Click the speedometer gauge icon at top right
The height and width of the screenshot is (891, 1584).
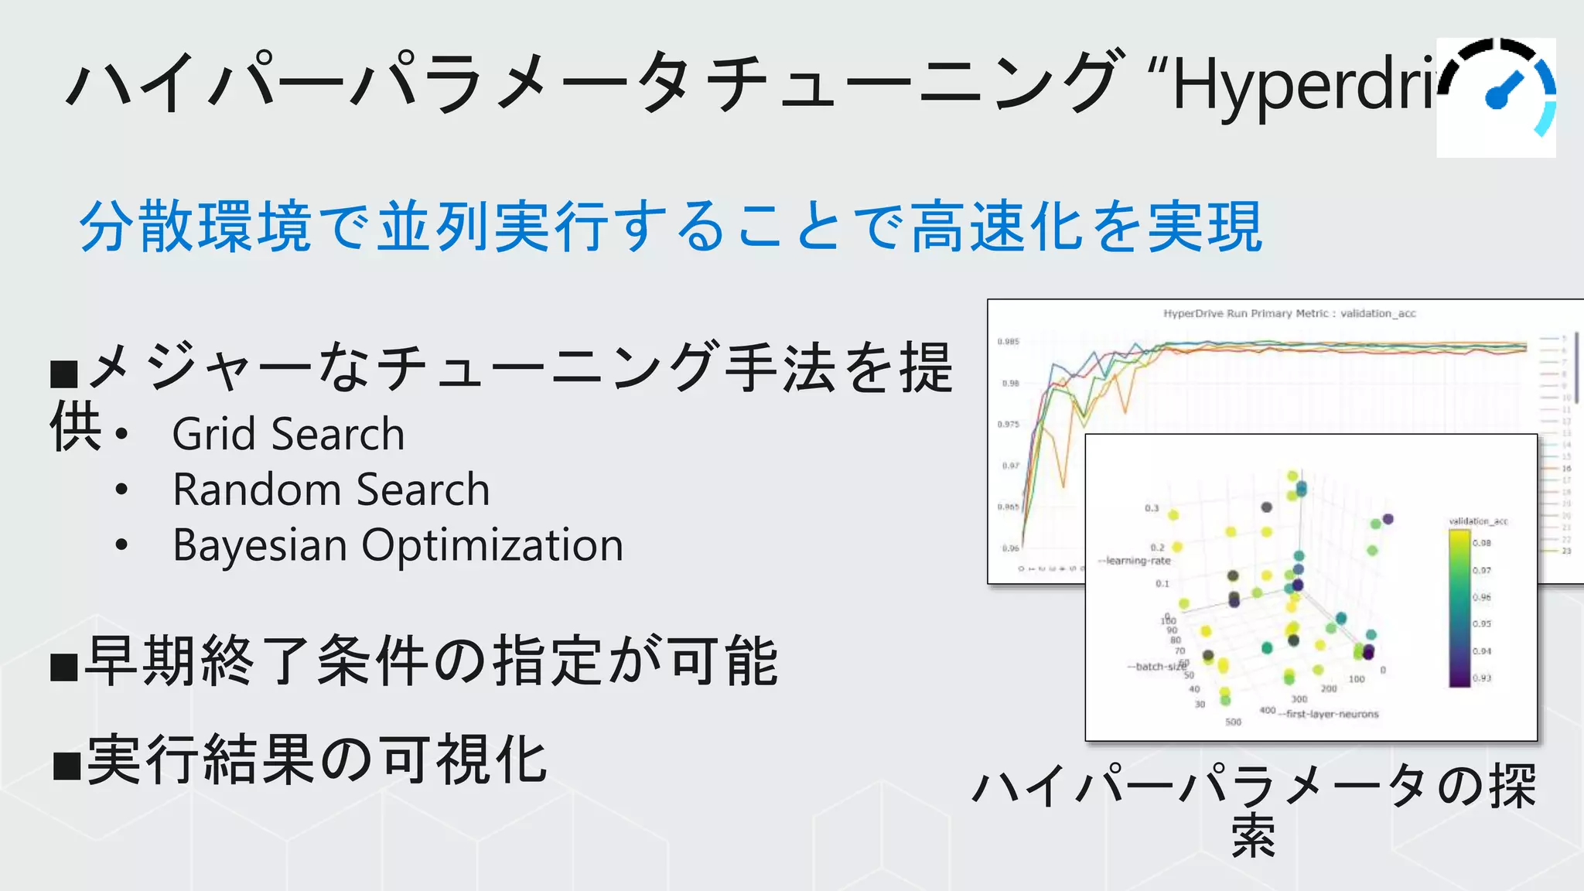click(1496, 97)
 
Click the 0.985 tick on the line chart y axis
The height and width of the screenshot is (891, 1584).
click(1008, 341)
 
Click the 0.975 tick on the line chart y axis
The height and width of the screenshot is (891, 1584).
click(1008, 424)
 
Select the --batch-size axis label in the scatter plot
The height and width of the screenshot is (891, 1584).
click(1156, 666)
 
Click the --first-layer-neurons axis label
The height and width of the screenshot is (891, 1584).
click(1328, 714)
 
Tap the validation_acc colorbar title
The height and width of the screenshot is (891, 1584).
click(1477, 521)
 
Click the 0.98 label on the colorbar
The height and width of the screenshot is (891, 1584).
click(1481, 543)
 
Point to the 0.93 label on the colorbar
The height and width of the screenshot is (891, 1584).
click(1481, 678)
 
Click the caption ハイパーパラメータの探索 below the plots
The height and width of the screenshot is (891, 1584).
click(1253, 808)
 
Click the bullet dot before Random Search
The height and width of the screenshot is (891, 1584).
click(121, 490)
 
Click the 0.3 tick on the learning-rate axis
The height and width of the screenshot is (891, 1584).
click(1152, 508)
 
